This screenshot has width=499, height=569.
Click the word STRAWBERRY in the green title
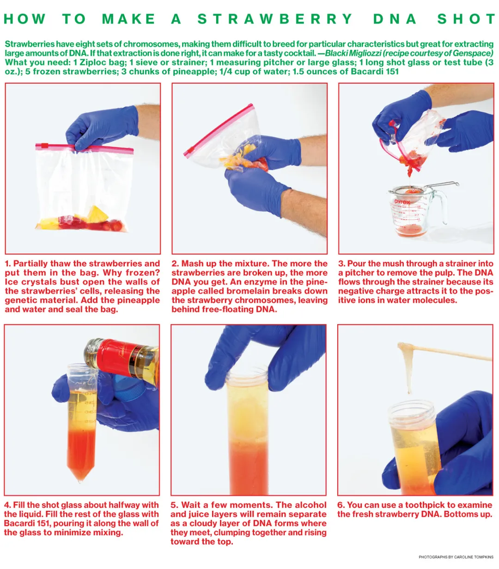coord(275,19)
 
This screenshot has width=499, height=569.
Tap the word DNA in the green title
coord(395,19)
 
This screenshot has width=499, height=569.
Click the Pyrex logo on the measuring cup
coord(402,202)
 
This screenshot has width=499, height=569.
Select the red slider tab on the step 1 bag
coord(45,146)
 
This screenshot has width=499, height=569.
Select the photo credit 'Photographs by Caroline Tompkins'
coord(456,557)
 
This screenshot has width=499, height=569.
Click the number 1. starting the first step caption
coord(8,263)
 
